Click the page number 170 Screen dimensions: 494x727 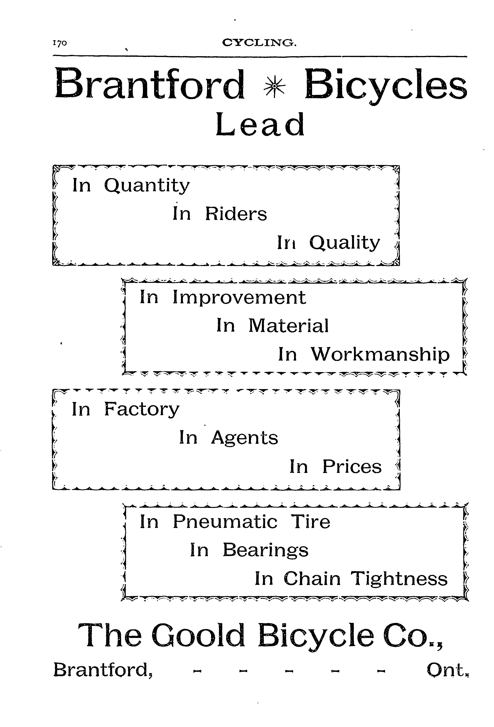[x=60, y=43]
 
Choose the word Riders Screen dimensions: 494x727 [x=236, y=214]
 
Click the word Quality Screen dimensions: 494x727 [x=345, y=243]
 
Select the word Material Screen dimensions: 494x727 [x=289, y=326]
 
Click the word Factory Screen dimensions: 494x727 [x=142, y=410]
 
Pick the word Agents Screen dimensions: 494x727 [x=244, y=438]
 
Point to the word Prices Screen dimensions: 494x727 [x=352, y=467]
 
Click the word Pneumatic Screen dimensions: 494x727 [x=225, y=522]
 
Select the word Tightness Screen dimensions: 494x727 [x=399, y=579]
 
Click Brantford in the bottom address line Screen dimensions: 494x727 [x=103, y=670]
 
